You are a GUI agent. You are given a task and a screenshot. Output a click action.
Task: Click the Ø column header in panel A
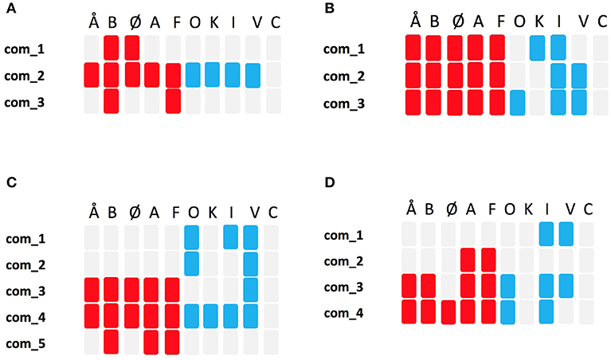133,22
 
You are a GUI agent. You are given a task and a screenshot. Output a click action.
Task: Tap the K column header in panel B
537,22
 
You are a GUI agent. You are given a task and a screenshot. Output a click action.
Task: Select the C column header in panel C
272,213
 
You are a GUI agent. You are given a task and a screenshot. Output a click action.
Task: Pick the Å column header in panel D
411,209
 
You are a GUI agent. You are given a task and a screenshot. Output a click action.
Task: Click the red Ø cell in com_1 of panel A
132,49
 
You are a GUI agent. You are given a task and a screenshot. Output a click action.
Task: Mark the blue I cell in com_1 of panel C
231,237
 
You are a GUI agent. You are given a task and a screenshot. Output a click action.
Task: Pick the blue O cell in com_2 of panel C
192,264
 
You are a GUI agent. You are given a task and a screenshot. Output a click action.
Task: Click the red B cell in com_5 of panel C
112,342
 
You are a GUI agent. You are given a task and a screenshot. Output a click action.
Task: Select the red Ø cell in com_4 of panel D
449,311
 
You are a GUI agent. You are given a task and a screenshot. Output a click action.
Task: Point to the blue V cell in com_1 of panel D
566,233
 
